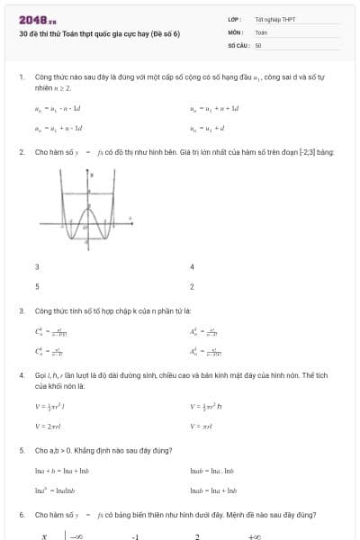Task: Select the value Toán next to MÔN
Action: [x=261, y=31]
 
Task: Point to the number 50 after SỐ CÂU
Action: [x=258, y=44]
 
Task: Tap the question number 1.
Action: [x=21, y=78]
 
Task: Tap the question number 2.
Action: [x=21, y=152]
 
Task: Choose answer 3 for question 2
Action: [x=37, y=267]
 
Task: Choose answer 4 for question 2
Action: [x=192, y=267]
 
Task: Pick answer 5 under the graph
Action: [x=37, y=286]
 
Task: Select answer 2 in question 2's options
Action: [x=192, y=286]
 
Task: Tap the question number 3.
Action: [x=21, y=310]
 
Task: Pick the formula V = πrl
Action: [x=201, y=425]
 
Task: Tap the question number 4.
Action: [x=21, y=373]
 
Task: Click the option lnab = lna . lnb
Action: [x=212, y=471]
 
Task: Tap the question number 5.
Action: [x=21, y=450]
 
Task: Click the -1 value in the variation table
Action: [x=135, y=535]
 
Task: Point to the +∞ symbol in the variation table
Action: [x=255, y=535]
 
